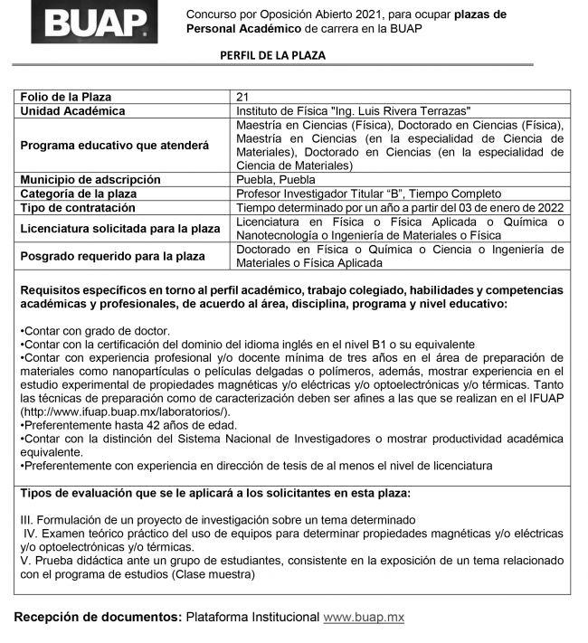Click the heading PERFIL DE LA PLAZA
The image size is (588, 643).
272,56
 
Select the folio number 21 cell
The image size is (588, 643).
242,97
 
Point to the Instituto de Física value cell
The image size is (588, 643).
353,110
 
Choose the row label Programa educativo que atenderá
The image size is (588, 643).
114,145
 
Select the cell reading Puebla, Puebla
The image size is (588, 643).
274,179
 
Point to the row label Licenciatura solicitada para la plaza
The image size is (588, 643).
120,228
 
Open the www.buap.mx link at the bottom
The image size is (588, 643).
363,617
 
